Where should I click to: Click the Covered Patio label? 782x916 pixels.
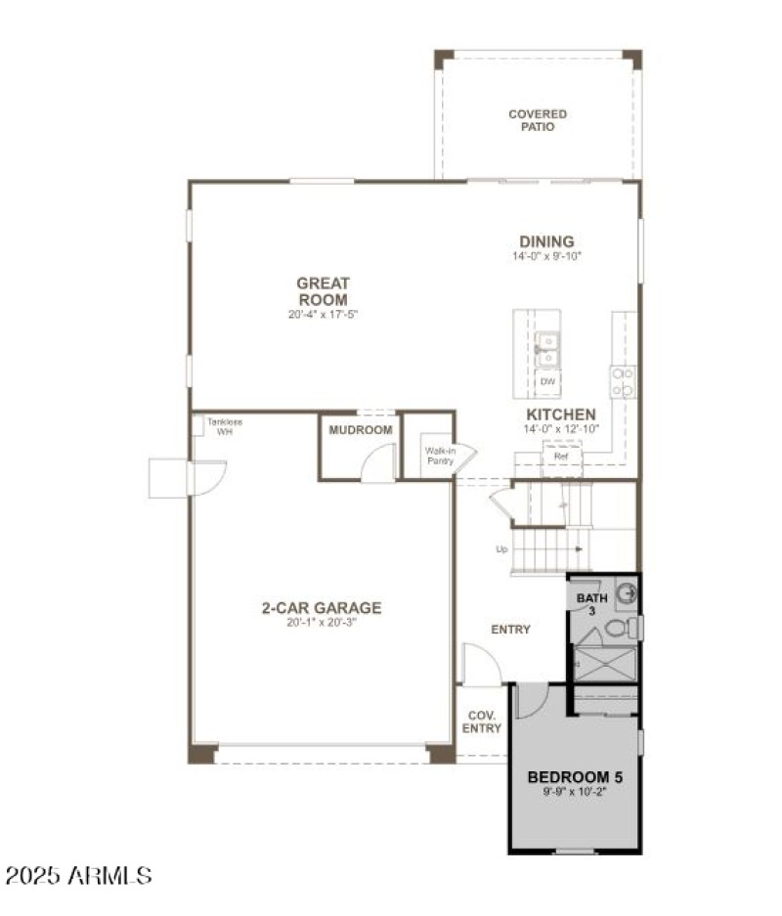[x=537, y=120]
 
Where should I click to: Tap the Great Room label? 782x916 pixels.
[x=323, y=291]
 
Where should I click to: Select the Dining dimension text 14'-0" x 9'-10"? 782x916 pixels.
[x=546, y=257]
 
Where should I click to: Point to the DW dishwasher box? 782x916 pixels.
[x=548, y=381]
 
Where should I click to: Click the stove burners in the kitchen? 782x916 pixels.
[x=623, y=381]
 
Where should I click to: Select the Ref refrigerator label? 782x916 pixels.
[x=561, y=456]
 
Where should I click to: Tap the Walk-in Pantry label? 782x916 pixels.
[x=439, y=455]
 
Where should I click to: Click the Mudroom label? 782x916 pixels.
[x=361, y=430]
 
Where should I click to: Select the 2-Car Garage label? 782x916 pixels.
[x=322, y=608]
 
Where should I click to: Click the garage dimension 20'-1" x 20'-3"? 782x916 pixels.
[x=322, y=623]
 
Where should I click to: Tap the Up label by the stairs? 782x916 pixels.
[x=501, y=549]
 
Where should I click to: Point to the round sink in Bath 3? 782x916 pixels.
[x=627, y=592]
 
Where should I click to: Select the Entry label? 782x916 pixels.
[x=510, y=630]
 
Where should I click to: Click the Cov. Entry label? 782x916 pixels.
[x=482, y=721]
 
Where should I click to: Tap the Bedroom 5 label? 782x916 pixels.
[x=575, y=778]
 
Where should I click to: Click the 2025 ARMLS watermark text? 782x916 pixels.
[x=79, y=875]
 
